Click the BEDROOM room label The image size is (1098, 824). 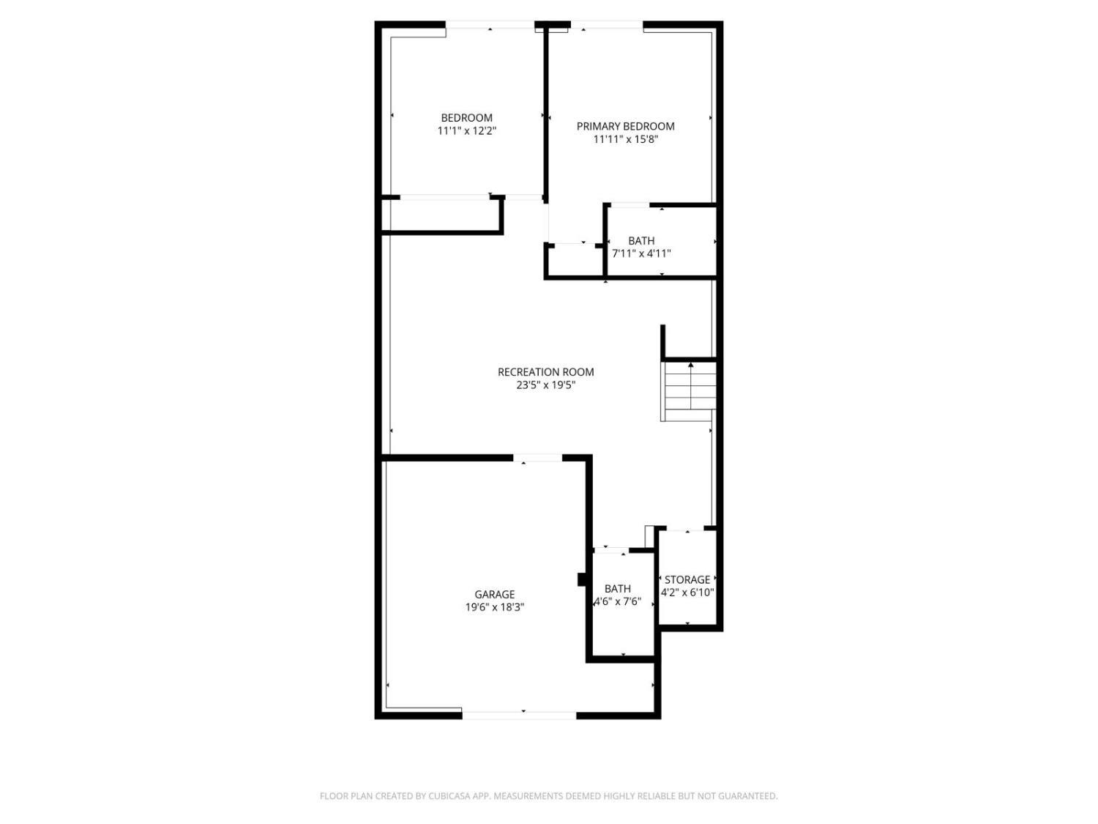coord(466,118)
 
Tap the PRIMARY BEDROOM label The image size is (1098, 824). coord(625,126)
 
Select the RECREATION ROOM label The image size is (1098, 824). coord(545,372)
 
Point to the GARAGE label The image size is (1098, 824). coord(494,595)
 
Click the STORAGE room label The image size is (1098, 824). coord(687,579)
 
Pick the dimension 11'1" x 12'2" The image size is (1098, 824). coord(467,131)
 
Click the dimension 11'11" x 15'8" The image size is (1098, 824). coord(625,139)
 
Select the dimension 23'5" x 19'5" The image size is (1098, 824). coord(545,385)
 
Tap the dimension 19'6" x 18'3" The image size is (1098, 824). coord(494,607)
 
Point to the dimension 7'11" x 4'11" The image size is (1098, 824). coord(641,253)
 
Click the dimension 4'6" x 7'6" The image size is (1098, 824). coord(617,602)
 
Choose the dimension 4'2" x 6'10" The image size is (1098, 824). coord(687,593)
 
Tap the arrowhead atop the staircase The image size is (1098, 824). coord(690,364)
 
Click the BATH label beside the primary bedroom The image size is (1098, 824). coord(641,240)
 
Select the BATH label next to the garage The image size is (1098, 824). coord(617,589)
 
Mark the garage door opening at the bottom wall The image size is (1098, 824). coord(519,714)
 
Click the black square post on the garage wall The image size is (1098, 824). coord(582,579)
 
